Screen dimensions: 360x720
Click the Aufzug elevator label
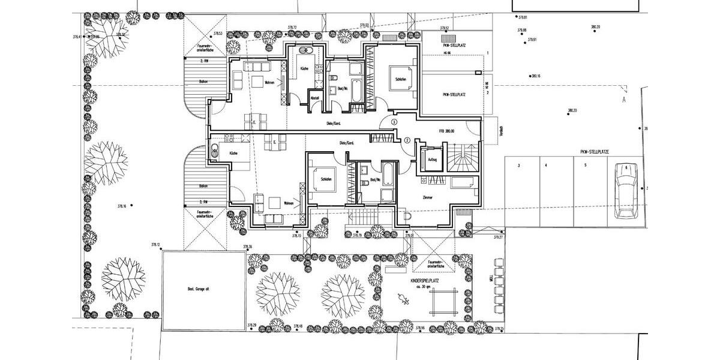click(x=431, y=159)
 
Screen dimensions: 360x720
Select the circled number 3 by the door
click(x=394, y=122)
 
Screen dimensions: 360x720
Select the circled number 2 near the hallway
click(x=407, y=140)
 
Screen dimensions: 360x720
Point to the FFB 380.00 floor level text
click(x=446, y=131)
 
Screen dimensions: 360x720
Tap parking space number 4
click(x=546, y=164)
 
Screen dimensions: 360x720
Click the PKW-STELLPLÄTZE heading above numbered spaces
click(x=595, y=152)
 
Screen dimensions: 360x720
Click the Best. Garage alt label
click(x=197, y=289)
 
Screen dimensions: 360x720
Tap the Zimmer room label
click(x=428, y=197)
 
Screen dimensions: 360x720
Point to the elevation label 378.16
click(x=122, y=205)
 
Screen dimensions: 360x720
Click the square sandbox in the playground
click(x=443, y=300)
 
